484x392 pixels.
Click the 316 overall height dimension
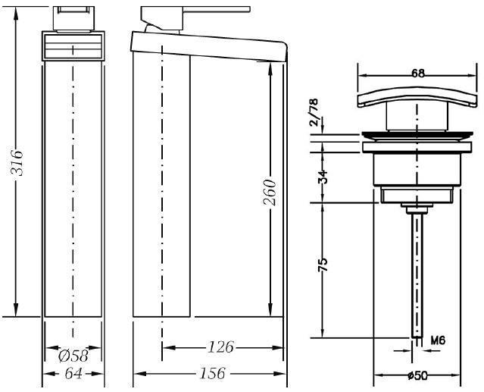tap(17, 163)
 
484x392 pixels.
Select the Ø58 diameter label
tap(73, 356)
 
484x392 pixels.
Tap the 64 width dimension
tap(73, 374)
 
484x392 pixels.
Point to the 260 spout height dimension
tap(270, 192)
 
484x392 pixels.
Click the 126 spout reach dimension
tap(220, 347)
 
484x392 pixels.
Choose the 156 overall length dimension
tap(212, 374)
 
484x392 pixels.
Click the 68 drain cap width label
tap(418, 74)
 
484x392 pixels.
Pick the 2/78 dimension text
tap(314, 112)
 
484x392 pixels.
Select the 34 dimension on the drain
tap(323, 177)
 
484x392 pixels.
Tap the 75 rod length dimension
tap(323, 265)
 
